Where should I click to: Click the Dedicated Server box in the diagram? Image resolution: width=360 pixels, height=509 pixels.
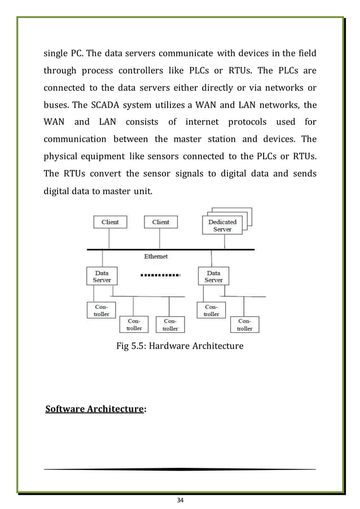point(222,226)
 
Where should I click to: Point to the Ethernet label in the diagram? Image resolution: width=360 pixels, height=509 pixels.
point(156,256)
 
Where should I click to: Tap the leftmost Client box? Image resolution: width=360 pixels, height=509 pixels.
point(109,222)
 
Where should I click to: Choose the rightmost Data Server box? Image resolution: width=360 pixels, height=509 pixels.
point(213,276)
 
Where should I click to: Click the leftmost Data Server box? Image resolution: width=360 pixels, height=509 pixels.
point(102,276)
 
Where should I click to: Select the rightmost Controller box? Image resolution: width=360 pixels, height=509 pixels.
point(244,324)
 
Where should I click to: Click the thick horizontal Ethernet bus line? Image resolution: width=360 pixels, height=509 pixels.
point(169,249)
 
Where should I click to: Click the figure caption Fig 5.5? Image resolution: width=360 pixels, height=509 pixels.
point(179,345)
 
